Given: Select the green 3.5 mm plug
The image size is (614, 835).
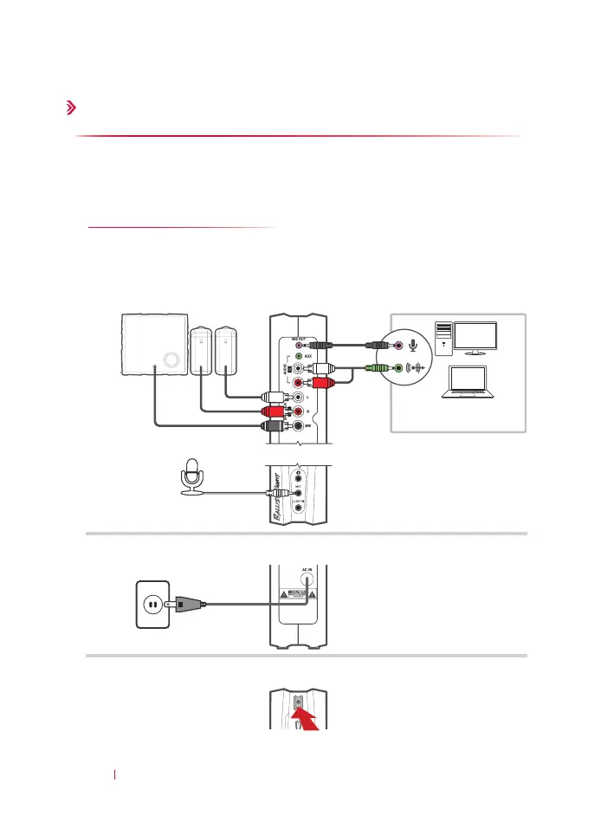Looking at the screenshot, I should click(x=378, y=367).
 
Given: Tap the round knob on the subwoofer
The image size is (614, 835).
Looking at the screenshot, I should click(x=170, y=359).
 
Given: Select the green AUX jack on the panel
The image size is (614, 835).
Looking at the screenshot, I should click(x=299, y=355).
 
